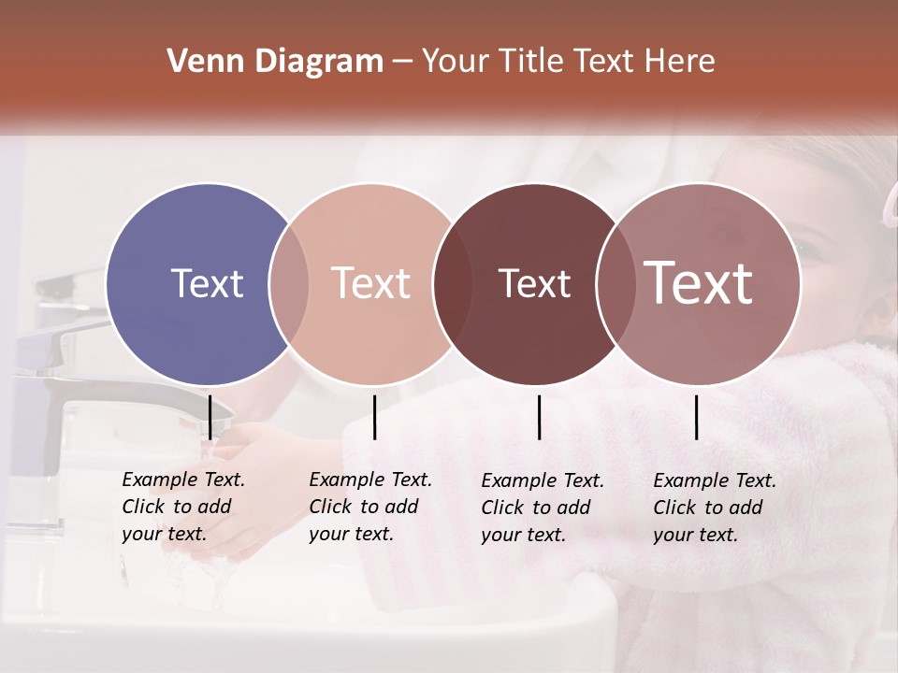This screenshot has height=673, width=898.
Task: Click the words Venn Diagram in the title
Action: click(275, 62)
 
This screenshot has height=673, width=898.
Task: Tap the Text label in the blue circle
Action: click(207, 283)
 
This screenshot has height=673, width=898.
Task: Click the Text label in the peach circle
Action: click(371, 283)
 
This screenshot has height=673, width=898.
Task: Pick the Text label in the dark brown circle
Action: click(534, 283)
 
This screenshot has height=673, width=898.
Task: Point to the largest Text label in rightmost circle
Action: click(699, 282)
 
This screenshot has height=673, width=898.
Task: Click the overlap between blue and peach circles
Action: click(289, 283)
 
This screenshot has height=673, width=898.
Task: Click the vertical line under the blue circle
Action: click(210, 417)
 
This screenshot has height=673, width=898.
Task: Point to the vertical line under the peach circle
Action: click(375, 417)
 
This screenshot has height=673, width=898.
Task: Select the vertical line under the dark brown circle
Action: click(540, 417)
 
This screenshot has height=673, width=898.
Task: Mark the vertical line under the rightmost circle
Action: click(697, 417)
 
